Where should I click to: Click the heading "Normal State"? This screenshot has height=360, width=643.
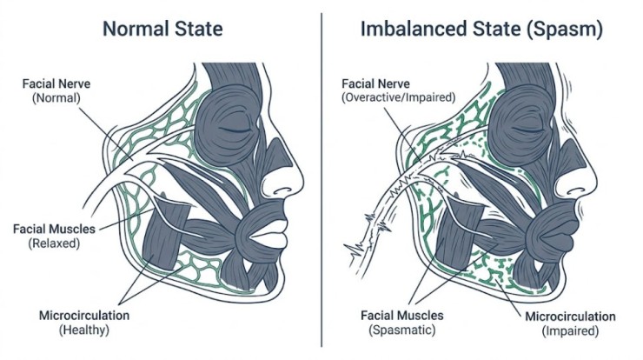(162, 29)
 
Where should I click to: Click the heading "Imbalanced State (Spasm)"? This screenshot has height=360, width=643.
(482, 30)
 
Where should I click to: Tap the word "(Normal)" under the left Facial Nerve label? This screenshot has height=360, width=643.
(56, 98)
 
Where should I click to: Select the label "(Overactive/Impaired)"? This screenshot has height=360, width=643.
(399, 97)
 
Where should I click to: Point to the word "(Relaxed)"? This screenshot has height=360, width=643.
(54, 243)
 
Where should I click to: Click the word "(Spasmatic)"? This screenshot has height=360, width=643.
(401, 330)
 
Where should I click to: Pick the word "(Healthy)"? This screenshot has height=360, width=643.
(84, 330)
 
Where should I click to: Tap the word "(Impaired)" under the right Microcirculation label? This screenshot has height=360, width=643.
(570, 330)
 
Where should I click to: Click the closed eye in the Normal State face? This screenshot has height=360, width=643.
(235, 130)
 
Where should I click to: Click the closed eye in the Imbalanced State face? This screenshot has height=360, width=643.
(527, 130)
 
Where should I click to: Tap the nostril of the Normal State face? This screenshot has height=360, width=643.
(282, 191)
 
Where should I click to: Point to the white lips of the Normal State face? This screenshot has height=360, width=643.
(268, 235)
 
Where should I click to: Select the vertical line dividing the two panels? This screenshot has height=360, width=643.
(321, 180)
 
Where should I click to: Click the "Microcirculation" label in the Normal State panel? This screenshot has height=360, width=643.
(84, 316)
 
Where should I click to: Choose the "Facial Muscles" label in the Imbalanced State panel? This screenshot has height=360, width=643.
(401, 316)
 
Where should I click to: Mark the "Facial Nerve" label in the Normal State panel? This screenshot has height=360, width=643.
(56, 83)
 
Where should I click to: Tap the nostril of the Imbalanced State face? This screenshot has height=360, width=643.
(574, 191)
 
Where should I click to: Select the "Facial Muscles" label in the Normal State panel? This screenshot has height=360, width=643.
(54, 229)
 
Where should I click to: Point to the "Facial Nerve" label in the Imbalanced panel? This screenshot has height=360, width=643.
(375, 83)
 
